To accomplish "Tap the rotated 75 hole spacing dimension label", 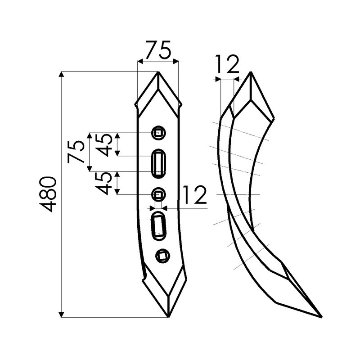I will click(x=76, y=152).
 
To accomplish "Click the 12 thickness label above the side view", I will click(x=227, y=65).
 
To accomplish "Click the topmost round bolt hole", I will click(x=158, y=132).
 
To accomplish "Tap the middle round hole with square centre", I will click(x=158, y=194).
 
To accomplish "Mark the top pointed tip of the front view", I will click(x=158, y=72).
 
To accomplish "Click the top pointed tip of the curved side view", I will click(x=250, y=72).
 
